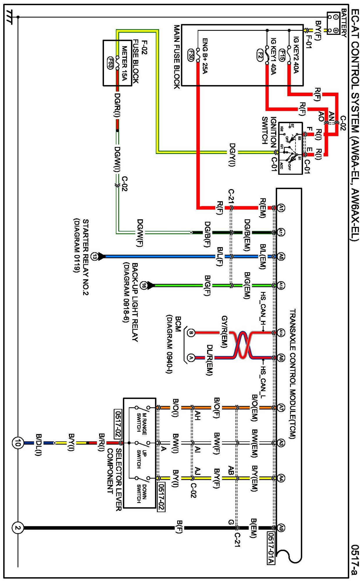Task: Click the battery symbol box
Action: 333,23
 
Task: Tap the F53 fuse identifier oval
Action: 110,63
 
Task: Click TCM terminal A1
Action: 281,208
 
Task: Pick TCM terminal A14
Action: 281,332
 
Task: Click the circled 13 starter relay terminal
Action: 94,257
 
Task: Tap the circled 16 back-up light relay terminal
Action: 144,286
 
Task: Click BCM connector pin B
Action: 191,333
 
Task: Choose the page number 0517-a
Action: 355,560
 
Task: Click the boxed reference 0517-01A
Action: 271,548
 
